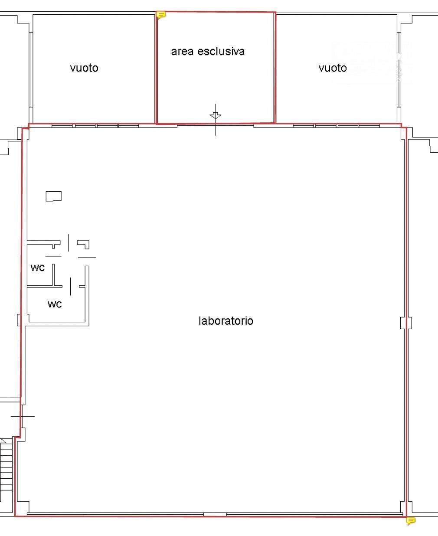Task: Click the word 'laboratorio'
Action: tap(226, 321)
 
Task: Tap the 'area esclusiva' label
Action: tap(208, 51)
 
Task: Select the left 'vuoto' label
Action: tap(84, 68)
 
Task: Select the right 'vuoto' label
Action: tap(333, 68)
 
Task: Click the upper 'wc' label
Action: tap(37, 268)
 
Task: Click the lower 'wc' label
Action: tap(54, 304)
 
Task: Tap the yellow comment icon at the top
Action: tap(160, 15)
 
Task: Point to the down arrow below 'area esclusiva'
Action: tap(216, 115)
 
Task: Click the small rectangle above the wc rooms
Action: tap(53, 196)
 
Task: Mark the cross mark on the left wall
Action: tap(23, 416)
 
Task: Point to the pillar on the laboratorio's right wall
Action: tap(406, 323)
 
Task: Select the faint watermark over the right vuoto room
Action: tap(374, 62)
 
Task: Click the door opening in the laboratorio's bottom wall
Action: tap(215, 514)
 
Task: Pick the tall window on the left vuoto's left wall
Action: tap(31, 70)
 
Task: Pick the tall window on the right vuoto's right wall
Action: tap(399, 70)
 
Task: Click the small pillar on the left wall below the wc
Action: tap(19, 320)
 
